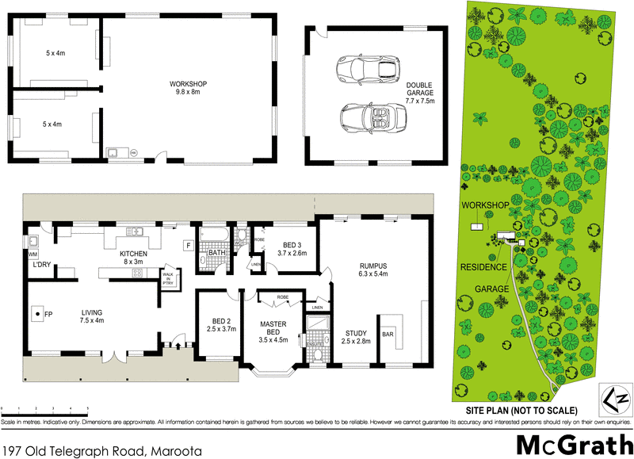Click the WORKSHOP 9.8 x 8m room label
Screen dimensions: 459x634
[x=188, y=87]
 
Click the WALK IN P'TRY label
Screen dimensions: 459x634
[x=168, y=278]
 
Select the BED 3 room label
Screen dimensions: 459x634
[x=292, y=249]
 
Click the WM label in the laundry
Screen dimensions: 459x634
[x=32, y=254]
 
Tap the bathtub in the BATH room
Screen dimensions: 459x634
[x=212, y=235]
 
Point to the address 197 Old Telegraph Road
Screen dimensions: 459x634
[x=101, y=450]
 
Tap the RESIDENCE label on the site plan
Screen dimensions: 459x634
[x=483, y=267]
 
